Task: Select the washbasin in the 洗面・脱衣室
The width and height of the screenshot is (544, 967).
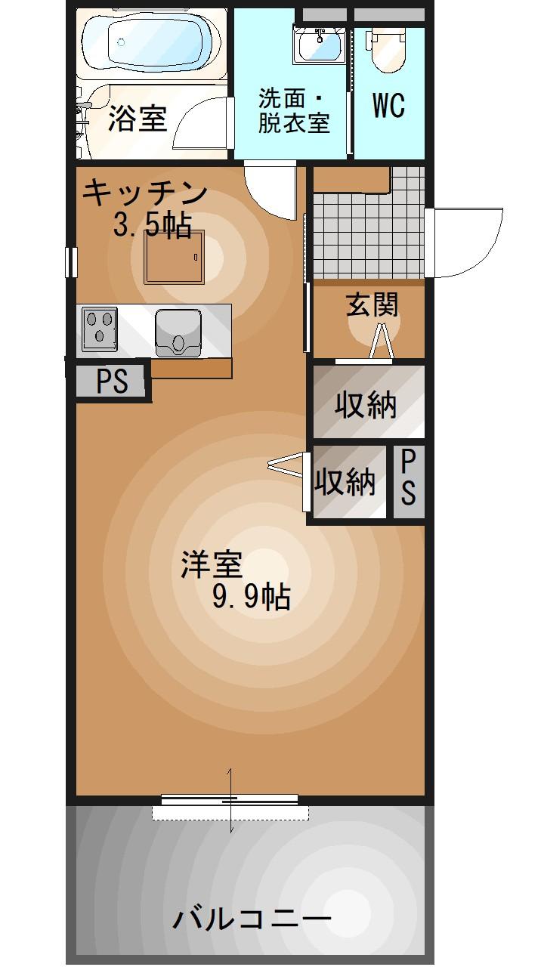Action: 319,44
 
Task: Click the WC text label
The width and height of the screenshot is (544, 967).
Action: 388,107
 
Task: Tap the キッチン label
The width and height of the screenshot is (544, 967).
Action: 144,193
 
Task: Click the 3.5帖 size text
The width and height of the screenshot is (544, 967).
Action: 151,224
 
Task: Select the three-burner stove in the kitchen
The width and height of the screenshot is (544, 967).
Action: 100,329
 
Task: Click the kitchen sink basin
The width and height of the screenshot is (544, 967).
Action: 178,331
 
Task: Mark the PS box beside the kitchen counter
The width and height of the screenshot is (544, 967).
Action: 112,382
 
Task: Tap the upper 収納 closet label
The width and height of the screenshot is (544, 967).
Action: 366,406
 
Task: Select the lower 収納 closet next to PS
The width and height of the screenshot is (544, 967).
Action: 345,482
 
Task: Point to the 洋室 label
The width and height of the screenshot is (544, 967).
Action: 211,564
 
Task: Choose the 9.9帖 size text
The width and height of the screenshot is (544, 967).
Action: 251,597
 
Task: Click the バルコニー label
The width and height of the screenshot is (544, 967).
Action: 251,919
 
